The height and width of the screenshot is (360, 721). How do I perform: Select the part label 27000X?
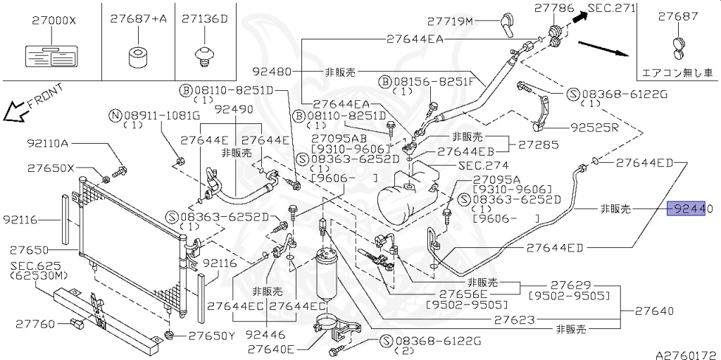pos(54,20)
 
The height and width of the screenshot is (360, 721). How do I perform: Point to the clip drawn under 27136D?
pos(205,55)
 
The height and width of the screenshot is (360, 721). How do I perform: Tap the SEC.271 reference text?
pos(612,8)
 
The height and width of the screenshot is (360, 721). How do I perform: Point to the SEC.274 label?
pos(478,166)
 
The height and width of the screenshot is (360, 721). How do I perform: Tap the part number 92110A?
pos(48,144)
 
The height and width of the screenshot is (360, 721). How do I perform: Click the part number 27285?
pos(539,144)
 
